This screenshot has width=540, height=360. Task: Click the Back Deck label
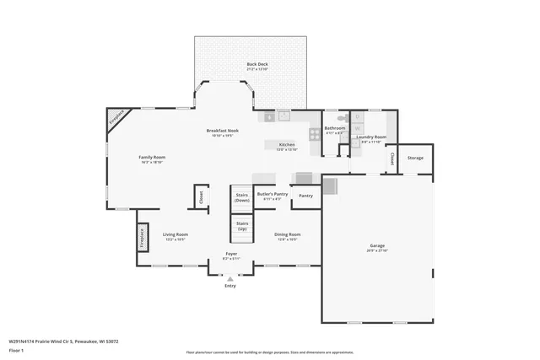(257, 64)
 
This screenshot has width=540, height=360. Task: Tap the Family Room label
(152, 158)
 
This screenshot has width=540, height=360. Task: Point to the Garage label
(377, 246)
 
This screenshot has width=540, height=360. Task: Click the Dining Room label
(287, 234)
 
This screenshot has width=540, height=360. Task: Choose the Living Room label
(175, 234)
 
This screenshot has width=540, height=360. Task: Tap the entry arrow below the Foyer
(230, 277)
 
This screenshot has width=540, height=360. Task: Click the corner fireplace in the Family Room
(118, 119)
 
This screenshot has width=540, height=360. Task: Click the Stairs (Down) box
(242, 197)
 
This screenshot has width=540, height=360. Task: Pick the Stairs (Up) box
(242, 226)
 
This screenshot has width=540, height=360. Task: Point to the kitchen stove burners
(315, 133)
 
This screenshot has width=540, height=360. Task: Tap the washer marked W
(357, 129)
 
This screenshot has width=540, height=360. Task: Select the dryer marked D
(357, 116)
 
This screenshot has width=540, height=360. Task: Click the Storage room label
(415, 158)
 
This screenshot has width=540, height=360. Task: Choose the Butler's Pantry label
(272, 196)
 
